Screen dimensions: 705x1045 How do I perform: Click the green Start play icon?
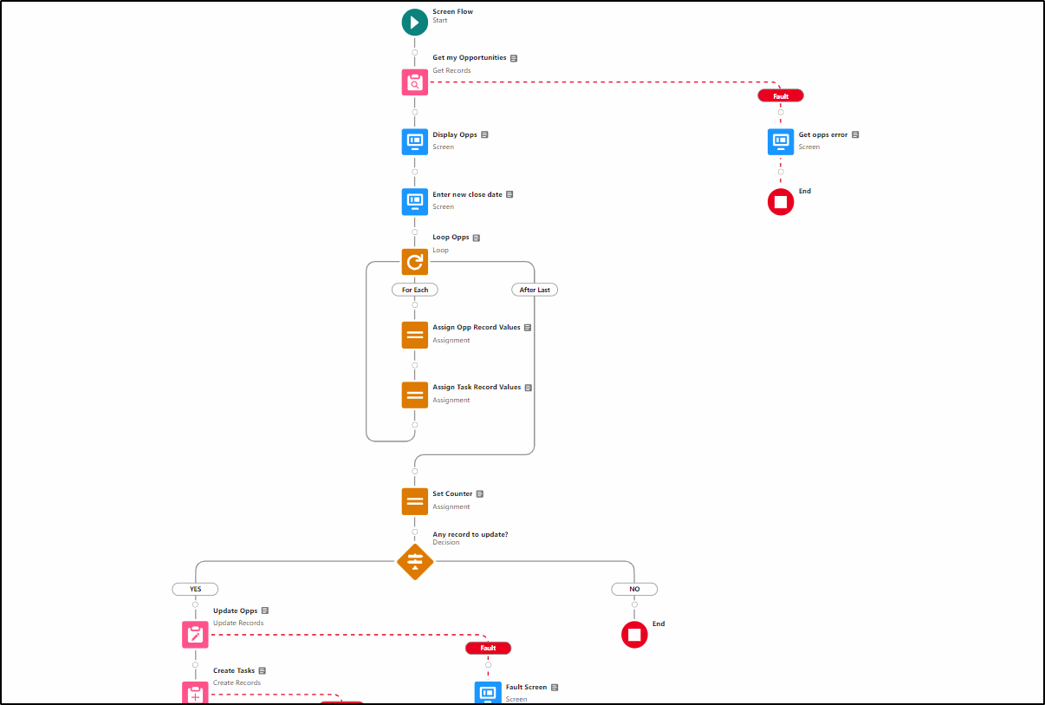pos(415,23)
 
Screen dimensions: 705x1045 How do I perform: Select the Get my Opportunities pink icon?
pos(415,82)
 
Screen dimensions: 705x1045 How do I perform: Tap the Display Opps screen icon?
pos(415,142)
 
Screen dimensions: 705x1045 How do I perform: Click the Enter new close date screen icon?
pos(415,202)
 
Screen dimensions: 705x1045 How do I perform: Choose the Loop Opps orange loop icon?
pos(415,262)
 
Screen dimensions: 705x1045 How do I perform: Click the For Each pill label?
pos(415,290)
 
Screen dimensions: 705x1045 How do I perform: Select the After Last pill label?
pos(535,290)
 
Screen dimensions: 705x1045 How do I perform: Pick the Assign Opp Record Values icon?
pos(415,335)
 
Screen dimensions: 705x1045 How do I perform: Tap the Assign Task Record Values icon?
pos(415,395)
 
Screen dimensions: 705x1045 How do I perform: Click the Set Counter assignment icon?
pos(415,501)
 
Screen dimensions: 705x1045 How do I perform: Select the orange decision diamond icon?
pos(415,561)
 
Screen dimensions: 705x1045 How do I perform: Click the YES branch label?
pos(195,589)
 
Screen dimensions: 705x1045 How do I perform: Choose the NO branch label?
pos(634,589)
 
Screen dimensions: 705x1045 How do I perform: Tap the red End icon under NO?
pos(634,635)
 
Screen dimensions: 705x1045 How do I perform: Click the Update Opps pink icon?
pos(195,635)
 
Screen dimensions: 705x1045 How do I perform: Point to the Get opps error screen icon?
pos(781,142)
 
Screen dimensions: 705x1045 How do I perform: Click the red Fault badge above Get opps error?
pos(781,96)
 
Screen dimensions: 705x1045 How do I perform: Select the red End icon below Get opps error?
pos(781,202)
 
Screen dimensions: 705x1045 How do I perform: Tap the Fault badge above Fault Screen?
pos(488,648)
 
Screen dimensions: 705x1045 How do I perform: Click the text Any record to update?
pos(471,534)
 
